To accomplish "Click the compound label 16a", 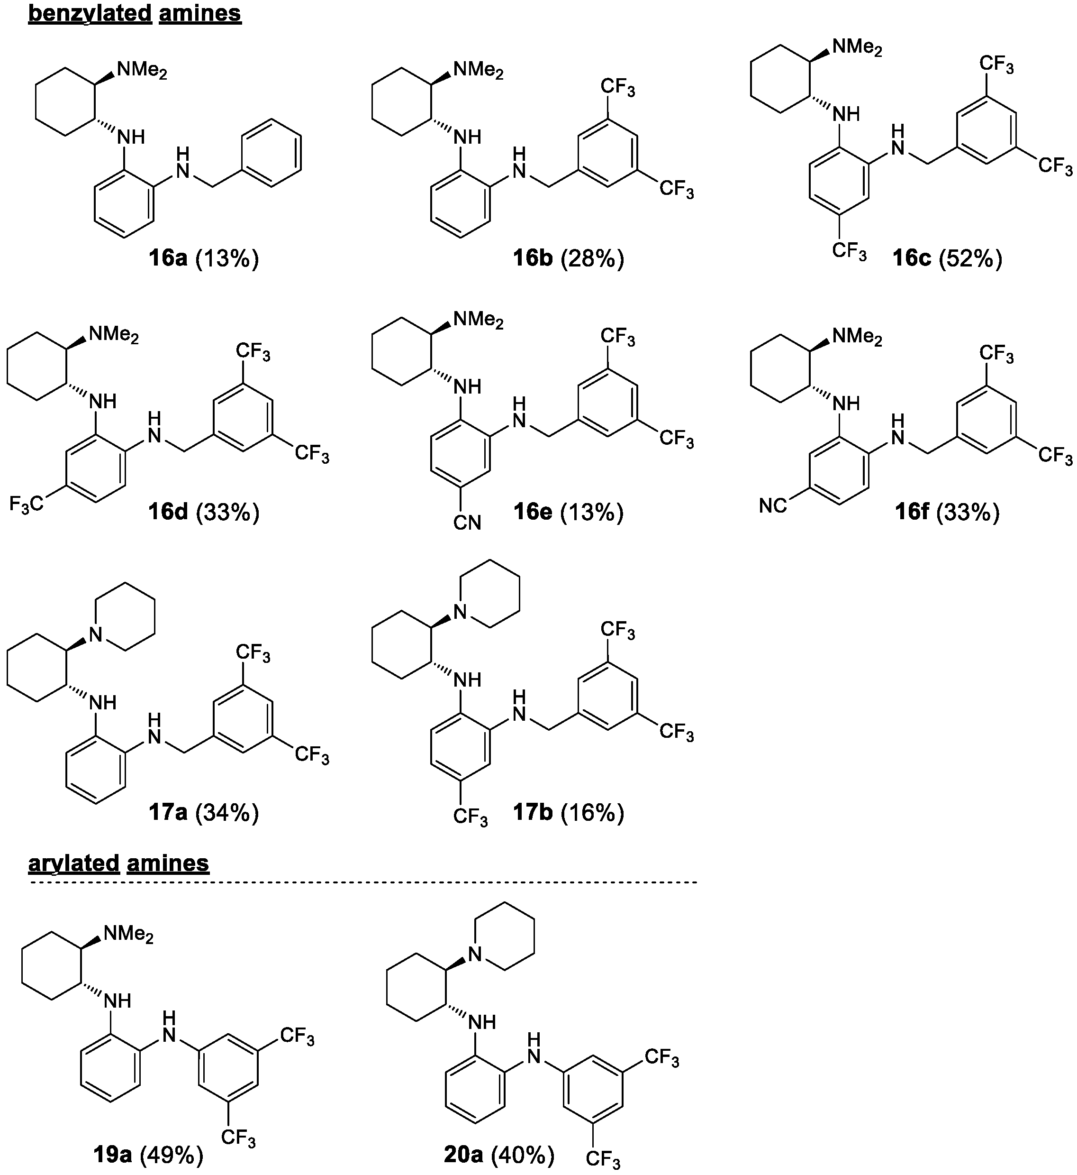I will [x=167, y=258].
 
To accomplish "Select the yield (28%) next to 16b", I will [x=592, y=258].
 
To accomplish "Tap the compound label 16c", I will [x=912, y=258].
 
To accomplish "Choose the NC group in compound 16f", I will [x=773, y=505].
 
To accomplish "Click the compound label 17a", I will [x=167, y=812].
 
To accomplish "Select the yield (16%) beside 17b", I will [x=592, y=812].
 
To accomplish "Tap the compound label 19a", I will [x=112, y=1153].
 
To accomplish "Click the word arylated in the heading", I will [x=73, y=863].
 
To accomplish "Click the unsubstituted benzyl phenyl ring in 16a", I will [x=272, y=153].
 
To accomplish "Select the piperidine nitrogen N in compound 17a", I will [x=96, y=634].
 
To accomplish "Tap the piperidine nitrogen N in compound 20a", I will [x=476, y=955].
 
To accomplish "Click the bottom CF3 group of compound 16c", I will [x=849, y=251].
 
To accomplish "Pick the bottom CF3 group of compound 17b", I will [x=471, y=817].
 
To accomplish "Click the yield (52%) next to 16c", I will [x=971, y=258].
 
